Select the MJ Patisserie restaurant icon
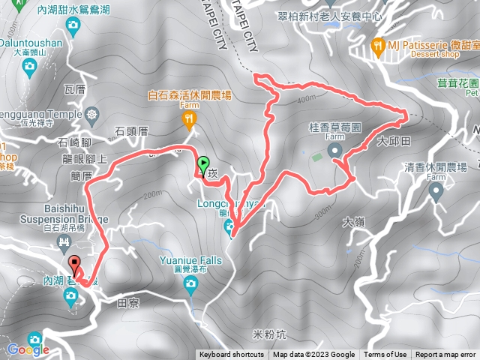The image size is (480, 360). point(379,46)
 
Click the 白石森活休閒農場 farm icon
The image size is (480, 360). point(190,117)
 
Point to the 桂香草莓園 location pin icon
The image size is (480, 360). point(334,151)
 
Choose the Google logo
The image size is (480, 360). point(28,349)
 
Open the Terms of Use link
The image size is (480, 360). point(385,355)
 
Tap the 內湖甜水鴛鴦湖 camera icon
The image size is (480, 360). point(73,27)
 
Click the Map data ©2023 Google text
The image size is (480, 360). point(313,355)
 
